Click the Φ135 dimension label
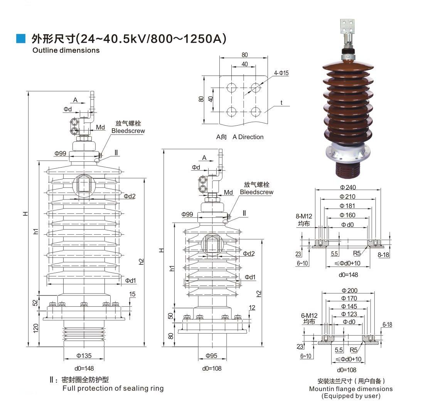point(84,355)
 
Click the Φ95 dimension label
point(212,355)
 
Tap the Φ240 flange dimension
point(348,187)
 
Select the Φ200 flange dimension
point(349,290)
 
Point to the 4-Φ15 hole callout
point(281,73)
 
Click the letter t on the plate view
point(281,102)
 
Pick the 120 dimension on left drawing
point(35,328)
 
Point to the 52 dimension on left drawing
point(35,303)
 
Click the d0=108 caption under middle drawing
point(212,368)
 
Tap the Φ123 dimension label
point(349,314)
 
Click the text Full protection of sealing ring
point(113,388)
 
